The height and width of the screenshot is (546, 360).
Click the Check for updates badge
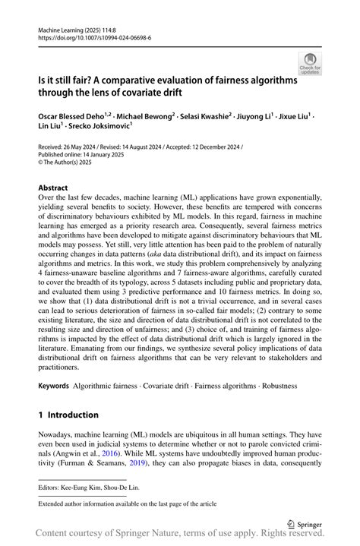click(x=309, y=62)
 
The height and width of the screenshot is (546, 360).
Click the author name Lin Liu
click(x=50, y=129)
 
